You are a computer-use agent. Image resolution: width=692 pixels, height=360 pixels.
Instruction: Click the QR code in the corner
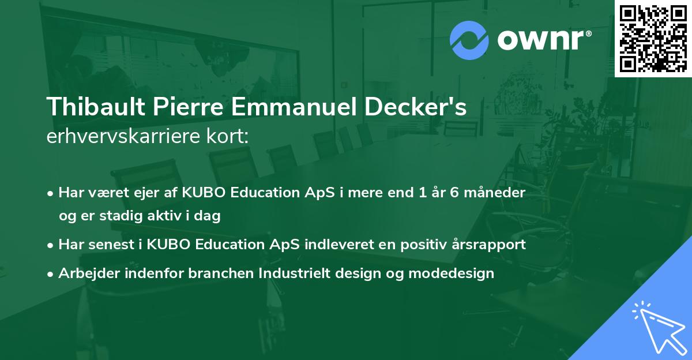653,38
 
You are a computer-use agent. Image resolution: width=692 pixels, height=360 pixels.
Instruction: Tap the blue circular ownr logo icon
469,40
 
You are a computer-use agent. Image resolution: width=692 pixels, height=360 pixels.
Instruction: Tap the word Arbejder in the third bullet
85,273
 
